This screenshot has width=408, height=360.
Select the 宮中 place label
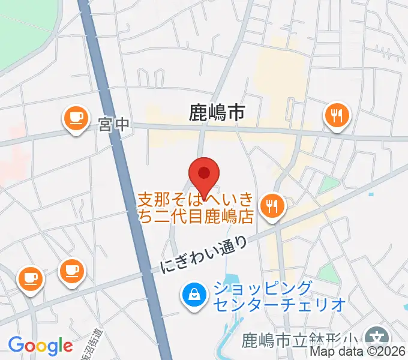click(114, 125)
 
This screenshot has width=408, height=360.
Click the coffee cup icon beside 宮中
click(76, 118)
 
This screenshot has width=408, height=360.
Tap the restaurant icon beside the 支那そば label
click(273, 206)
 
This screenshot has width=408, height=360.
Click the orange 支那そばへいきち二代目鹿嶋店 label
click(197, 208)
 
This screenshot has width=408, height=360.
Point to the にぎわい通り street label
click(204, 254)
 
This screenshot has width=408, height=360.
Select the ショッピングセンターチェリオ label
click(278, 296)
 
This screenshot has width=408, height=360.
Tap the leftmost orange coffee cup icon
click(30, 278)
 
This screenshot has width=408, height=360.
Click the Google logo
click(40, 346)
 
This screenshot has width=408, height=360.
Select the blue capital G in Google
click(16, 346)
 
